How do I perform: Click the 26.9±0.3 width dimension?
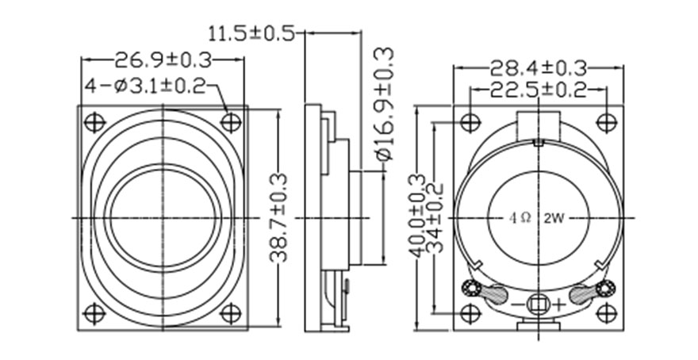(x=163, y=59)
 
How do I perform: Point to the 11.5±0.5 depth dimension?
(x=250, y=33)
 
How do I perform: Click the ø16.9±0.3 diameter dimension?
(x=385, y=104)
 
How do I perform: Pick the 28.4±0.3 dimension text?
(x=538, y=67)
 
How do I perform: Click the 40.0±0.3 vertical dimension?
(x=417, y=215)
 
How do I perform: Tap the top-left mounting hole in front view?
(x=95, y=123)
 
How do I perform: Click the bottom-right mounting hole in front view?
(x=230, y=313)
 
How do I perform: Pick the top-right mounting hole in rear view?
(x=605, y=122)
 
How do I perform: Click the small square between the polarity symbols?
(x=539, y=304)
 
